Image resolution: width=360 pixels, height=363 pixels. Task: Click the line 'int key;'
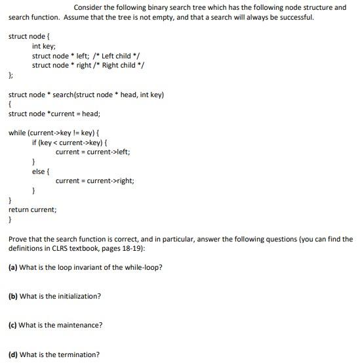(x=44, y=47)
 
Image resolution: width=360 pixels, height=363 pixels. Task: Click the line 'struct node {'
(x=29, y=36)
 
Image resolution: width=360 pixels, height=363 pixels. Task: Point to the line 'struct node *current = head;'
(x=54, y=114)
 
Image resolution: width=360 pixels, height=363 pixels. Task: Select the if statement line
(x=70, y=142)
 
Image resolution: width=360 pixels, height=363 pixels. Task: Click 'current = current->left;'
(x=93, y=152)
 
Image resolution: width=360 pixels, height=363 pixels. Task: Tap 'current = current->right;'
(x=95, y=181)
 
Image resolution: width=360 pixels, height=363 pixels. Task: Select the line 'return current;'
(x=32, y=209)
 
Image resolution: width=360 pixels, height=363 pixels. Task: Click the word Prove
(x=18, y=240)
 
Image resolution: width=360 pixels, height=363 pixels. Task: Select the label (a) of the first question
(x=13, y=267)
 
